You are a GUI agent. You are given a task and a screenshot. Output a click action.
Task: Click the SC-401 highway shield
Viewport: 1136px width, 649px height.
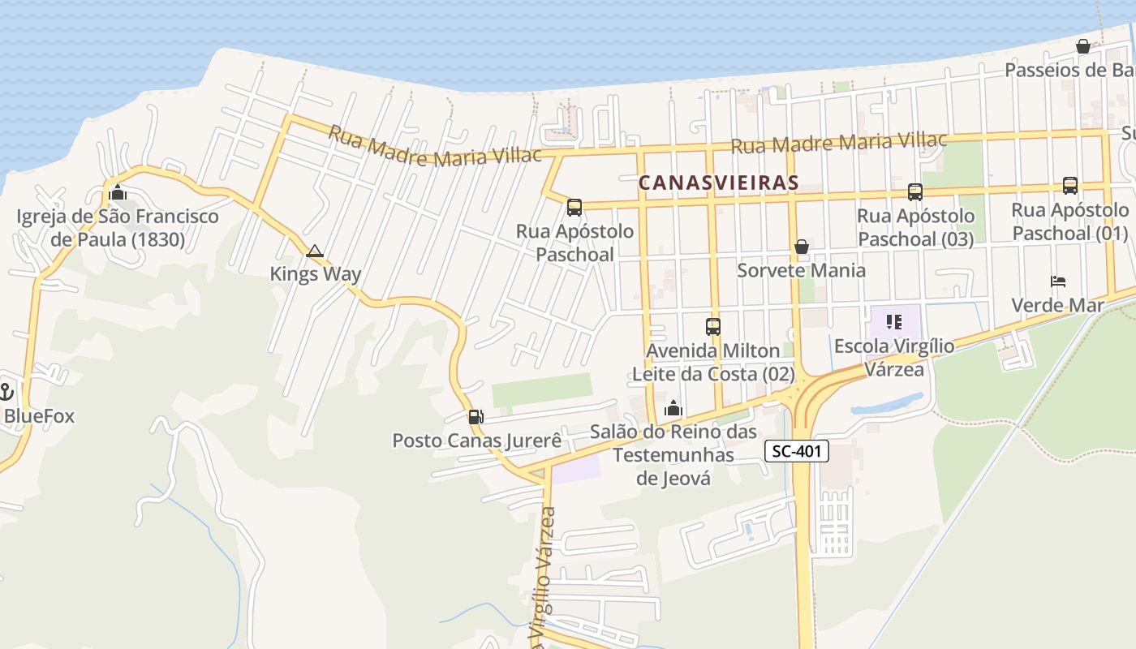click(796, 452)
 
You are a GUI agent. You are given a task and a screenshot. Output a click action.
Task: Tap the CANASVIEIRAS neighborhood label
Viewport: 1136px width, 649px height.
click(718, 183)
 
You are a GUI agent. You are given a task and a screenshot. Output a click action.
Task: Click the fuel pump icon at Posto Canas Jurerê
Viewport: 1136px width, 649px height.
click(475, 417)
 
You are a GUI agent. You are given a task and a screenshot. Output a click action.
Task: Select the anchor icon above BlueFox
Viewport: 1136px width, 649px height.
click(6, 392)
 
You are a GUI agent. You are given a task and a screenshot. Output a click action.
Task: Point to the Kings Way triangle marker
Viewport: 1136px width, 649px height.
click(315, 251)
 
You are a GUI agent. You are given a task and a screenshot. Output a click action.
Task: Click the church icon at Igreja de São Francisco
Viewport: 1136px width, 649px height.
click(118, 193)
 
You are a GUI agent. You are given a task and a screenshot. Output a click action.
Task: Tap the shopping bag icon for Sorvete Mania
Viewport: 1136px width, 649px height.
click(802, 247)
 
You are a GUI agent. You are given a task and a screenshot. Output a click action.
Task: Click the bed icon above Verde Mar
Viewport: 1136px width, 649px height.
click(1058, 282)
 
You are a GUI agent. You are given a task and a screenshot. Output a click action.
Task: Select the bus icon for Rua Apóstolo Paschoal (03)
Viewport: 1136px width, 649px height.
click(915, 192)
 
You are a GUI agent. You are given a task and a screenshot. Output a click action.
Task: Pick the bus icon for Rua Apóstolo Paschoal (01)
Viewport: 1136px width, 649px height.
click(1070, 186)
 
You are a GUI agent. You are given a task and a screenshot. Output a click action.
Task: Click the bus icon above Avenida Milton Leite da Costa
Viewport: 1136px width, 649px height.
click(712, 327)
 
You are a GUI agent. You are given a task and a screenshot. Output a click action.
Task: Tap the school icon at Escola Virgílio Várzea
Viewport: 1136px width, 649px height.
click(894, 323)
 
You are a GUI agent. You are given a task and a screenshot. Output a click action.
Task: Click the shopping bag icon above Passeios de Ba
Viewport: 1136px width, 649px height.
click(1082, 46)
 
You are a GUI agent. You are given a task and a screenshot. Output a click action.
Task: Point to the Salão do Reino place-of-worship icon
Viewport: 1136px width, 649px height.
click(673, 408)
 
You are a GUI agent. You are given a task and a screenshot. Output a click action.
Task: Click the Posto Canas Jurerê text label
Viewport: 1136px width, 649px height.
click(477, 441)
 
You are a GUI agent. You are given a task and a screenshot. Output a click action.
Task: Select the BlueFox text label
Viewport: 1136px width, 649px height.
click(39, 416)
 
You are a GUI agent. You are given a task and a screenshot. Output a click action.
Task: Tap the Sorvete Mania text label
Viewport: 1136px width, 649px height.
click(801, 270)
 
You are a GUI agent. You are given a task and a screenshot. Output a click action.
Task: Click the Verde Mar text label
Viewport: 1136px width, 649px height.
click(1057, 305)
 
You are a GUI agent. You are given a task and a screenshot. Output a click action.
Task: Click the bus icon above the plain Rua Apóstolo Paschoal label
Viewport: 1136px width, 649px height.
click(574, 208)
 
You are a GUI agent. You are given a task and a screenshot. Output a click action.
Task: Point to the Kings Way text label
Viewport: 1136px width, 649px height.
click(316, 274)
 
